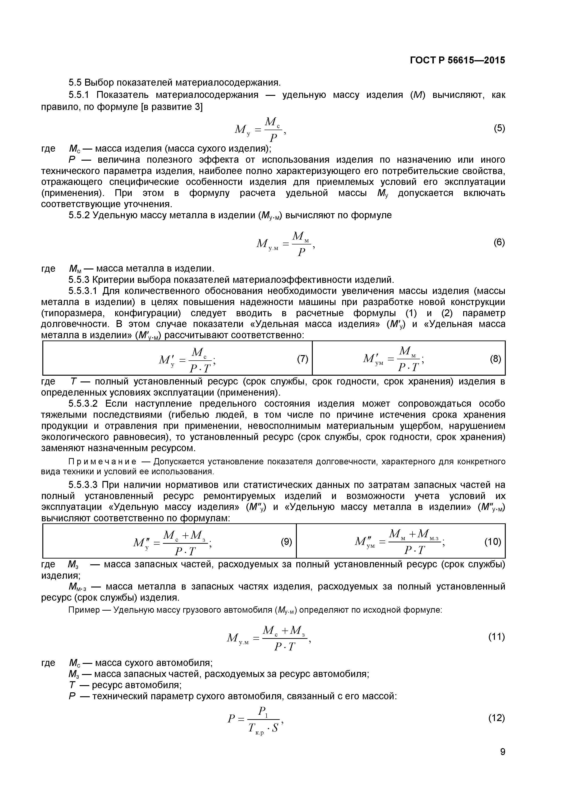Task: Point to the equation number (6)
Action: pos(499,242)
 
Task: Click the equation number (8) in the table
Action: pos(496,359)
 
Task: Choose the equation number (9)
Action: pos(286,542)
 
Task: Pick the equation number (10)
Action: pos(493,542)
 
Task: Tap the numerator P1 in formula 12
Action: pos(263,711)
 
